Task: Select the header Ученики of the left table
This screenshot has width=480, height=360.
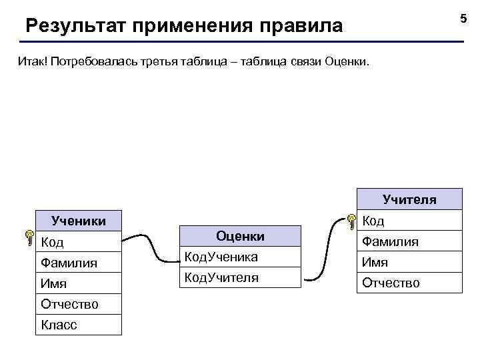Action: (79, 221)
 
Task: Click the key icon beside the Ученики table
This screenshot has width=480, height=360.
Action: (29, 237)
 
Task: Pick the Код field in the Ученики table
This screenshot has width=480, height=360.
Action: (53, 241)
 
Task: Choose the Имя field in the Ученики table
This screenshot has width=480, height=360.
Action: (54, 283)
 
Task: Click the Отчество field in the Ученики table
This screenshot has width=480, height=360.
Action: (70, 304)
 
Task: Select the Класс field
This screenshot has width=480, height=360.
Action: (59, 325)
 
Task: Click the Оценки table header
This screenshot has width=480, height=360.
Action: (241, 236)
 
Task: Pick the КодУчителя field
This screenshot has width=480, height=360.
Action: (221, 277)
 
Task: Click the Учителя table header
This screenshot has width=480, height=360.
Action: (409, 199)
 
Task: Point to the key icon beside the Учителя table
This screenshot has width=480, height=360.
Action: (350, 221)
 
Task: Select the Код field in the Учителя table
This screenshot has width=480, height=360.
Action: (373, 221)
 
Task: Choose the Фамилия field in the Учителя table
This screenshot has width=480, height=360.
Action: (390, 241)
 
